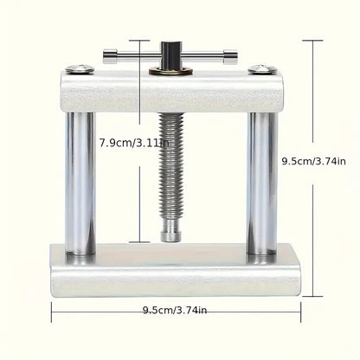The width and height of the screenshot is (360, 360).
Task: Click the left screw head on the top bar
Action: coord(80,68)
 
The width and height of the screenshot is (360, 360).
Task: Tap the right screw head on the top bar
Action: coord(262,69)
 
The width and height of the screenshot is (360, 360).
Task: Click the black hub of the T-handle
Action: coord(171,56)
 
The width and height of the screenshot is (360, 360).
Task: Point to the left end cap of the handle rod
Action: coord(110,56)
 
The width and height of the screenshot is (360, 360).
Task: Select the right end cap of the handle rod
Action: coord(230,57)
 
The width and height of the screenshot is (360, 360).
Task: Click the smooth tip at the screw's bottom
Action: coord(170,231)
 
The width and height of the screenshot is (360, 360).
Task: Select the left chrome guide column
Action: coord(80,183)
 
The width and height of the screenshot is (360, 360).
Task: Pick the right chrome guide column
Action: coord(262,183)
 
